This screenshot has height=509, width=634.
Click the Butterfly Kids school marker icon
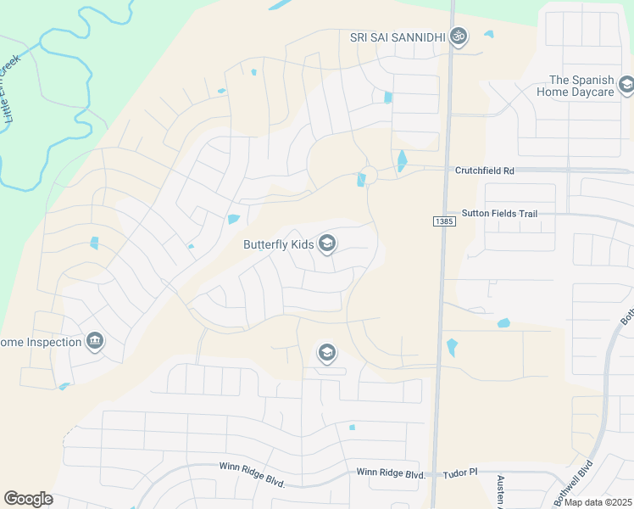pyautogui.click(x=327, y=245)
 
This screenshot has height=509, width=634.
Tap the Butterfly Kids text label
pyautogui.click(x=278, y=245)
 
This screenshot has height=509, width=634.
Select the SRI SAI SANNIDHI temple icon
pyautogui.click(x=459, y=37)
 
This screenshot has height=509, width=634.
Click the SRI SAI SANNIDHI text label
pyautogui.click(x=398, y=37)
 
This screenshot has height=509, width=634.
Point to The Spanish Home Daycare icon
pyautogui.click(x=626, y=85)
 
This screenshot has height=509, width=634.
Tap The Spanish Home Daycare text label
pyautogui.click(x=581, y=85)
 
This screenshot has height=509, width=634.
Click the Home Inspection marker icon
pyautogui.click(x=94, y=342)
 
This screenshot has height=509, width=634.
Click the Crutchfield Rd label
pyautogui.click(x=485, y=170)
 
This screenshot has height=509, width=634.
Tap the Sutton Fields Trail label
pyautogui.click(x=499, y=214)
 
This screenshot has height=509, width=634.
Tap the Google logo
pyautogui.click(x=28, y=498)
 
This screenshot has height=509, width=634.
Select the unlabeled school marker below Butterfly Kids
pyautogui.click(x=327, y=352)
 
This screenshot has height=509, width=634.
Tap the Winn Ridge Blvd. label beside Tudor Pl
pyautogui.click(x=390, y=473)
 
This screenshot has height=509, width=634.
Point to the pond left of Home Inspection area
pyautogui.click(x=64, y=387)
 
